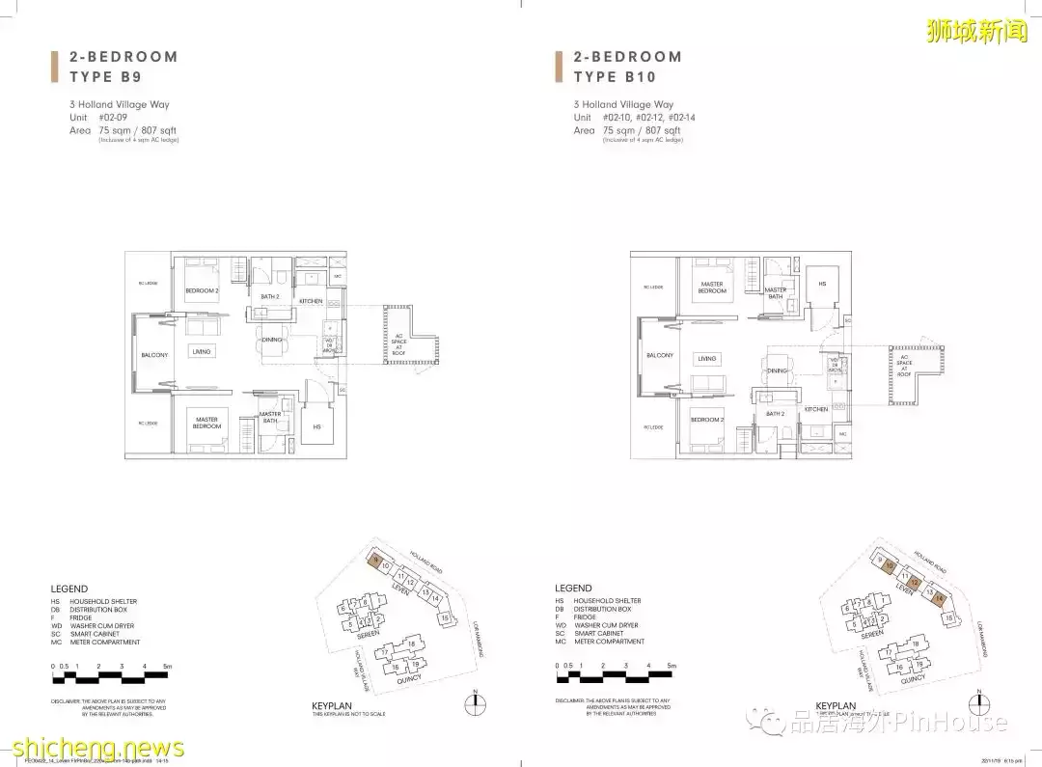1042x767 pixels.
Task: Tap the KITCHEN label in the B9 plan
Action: [x=311, y=301]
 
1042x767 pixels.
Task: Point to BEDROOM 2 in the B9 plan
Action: [x=203, y=290]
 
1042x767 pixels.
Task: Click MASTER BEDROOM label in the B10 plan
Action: [x=712, y=288]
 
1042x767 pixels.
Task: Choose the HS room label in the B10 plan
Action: [x=822, y=285]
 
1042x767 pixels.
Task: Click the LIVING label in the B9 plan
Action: [x=201, y=352]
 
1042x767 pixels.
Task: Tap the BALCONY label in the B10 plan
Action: [x=660, y=355]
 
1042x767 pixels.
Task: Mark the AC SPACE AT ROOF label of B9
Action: [x=399, y=343]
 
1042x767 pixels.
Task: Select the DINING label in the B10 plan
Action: [x=777, y=370]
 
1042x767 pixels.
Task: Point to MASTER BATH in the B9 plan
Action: [x=269, y=417]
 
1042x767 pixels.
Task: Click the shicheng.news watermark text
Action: [x=95, y=749]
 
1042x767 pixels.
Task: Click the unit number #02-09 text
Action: [x=113, y=117]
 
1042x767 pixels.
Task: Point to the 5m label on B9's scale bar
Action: [x=169, y=667]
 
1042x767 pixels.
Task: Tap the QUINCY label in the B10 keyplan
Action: [x=912, y=678]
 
